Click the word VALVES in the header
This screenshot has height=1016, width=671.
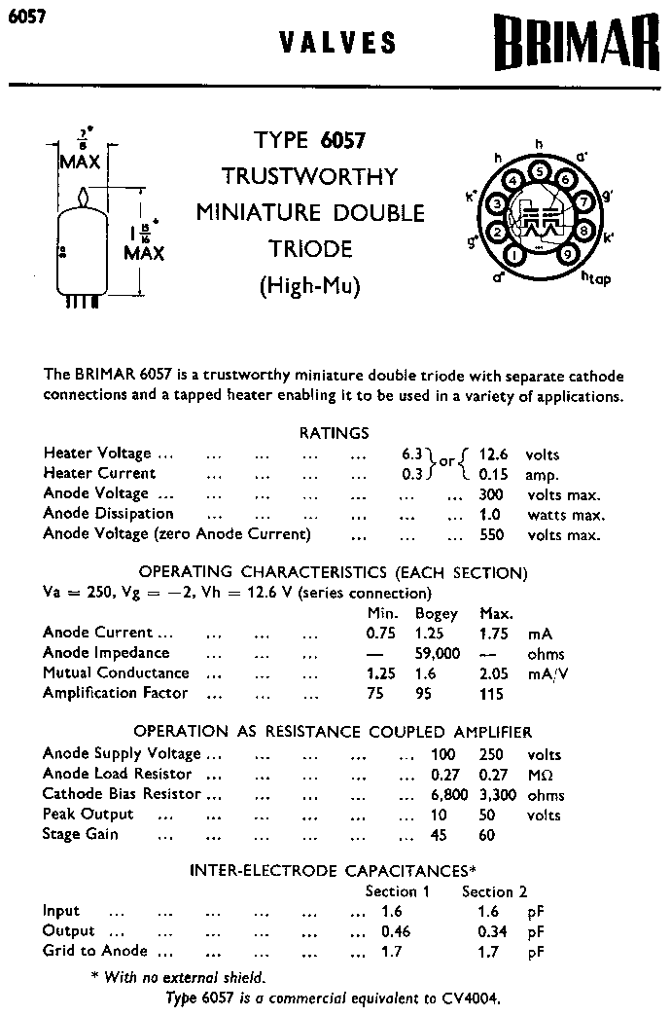(x=337, y=43)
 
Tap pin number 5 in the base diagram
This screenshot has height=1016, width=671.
(x=540, y=172)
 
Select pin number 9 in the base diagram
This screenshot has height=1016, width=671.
(x=566, y=255)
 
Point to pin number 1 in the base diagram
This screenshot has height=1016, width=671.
(x=513, y=255)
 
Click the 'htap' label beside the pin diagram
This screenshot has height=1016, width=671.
(x=596, y=279)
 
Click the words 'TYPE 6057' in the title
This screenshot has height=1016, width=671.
(x=310, y=140)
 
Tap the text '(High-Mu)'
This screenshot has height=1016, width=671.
(x=310, y=287)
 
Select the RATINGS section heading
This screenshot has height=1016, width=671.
(x=334, y=433)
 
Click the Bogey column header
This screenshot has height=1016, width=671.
(x=436, y=613)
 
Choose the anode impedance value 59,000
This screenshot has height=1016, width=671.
(x=437, y=653)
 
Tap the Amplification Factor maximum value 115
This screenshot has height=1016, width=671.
(x=492, y=694)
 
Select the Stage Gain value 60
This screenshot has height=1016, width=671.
(x=487, y=835)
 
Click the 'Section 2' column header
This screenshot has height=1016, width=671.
(x=494, y=891)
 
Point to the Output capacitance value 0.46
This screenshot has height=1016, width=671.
(x=396, y=931)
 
